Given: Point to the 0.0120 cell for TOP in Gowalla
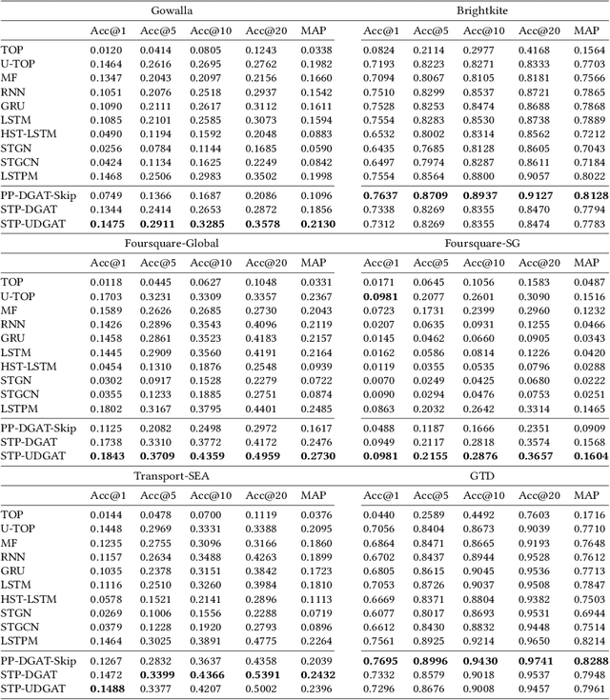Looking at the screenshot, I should point(106,49).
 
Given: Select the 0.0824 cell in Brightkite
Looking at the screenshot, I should point(378,49).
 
